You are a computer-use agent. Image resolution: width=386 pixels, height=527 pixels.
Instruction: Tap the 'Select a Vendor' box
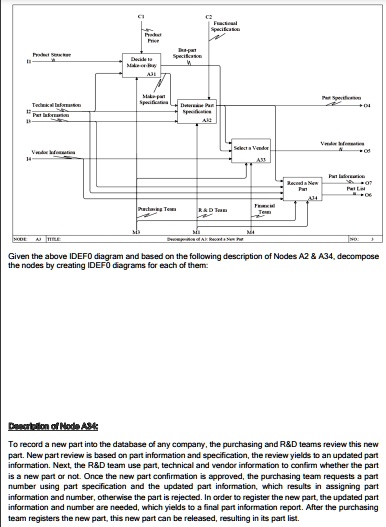[249, 150]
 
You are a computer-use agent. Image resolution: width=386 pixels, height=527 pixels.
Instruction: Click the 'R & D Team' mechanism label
[212, 210]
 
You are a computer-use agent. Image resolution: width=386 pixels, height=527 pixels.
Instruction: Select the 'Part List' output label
[340, 187]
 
